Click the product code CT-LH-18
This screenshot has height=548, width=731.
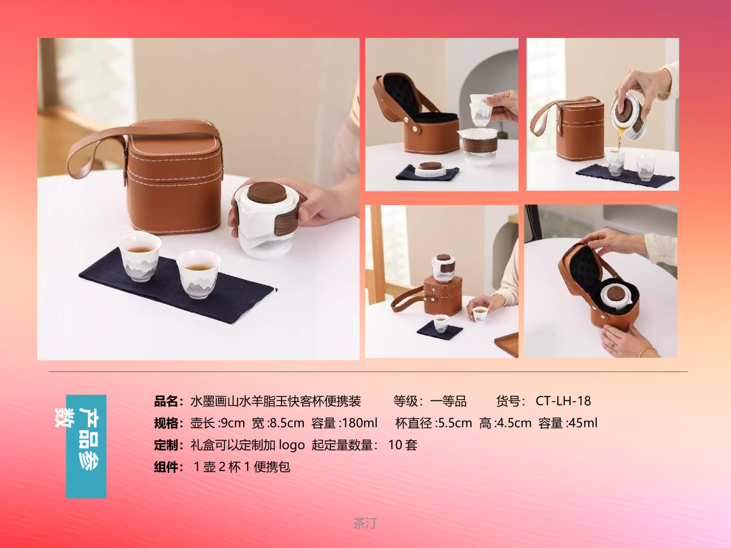[563, 401]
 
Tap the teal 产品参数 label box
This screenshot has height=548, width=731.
[86, 447]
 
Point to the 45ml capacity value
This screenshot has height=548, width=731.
[583, 423]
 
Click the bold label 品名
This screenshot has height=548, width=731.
[166, 401]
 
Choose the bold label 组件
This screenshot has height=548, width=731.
[166, 467]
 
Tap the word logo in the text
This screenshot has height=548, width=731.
[291, 445]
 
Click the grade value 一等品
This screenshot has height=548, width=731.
[448, 401]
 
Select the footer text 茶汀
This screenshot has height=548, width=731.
[365, 523]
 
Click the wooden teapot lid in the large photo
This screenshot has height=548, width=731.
[267, 192]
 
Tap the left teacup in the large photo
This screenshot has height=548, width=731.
[139, 256]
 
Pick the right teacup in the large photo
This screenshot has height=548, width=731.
[198, 273]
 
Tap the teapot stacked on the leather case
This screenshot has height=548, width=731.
[443, 267]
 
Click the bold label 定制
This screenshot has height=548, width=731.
[166, 445]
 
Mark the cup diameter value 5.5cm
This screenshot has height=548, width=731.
[455, 423]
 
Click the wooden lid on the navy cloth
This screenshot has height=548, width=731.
[430, 166]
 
